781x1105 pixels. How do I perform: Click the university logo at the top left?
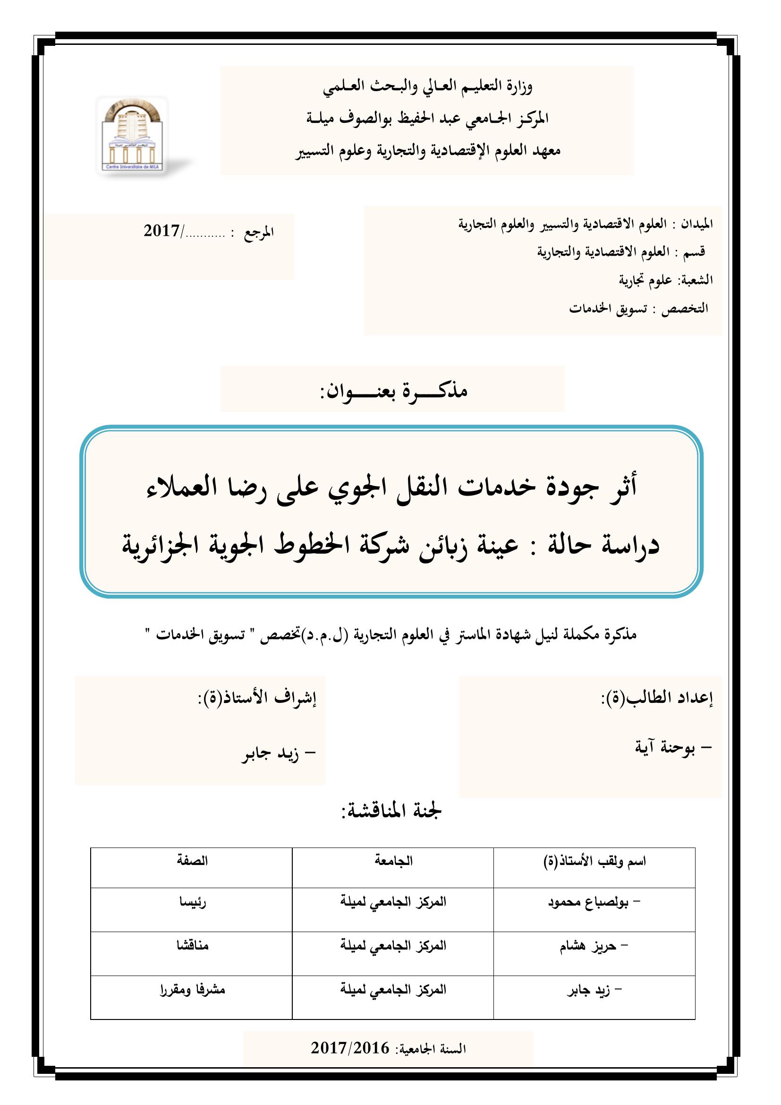click(132, 136)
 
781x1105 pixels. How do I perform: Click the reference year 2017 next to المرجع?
click(161, 231)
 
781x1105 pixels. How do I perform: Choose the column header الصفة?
click(192, 860)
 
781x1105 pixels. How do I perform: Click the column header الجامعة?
click(393, 860)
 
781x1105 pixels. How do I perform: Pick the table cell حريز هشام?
click(588, 946)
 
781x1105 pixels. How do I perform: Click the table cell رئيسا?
click(193, 902)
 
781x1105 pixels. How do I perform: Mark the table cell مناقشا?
click(192, 946)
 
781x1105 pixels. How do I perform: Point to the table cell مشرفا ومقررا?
click(192, 990)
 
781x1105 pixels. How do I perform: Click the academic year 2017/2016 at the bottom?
click(349, 1048)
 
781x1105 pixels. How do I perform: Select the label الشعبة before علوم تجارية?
click(696, 280)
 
